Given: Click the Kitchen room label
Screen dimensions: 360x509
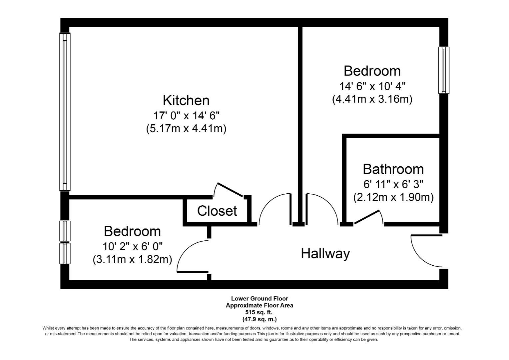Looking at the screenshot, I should [x=186, y=100].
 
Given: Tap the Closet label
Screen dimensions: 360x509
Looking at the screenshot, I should [x=217, y=211].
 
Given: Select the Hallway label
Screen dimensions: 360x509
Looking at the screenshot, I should [x=325, y=253].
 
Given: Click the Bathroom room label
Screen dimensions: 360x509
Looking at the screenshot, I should [x=393, y=169].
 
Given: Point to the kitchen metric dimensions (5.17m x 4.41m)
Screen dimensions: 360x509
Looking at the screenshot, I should [x=186, y=129].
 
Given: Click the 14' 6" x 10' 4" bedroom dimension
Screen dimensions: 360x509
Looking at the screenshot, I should [x=372, y=86].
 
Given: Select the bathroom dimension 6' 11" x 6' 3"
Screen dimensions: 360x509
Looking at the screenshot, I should [x=393, y=184].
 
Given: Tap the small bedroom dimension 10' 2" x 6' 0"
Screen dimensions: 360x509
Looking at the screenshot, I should [x=132, y=246].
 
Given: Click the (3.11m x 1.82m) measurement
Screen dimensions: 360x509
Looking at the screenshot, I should [x=132, y=259].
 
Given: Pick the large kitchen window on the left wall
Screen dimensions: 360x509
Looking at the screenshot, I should [x=65, y=112].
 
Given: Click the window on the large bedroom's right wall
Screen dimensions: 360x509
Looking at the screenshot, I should [x=444, y=70].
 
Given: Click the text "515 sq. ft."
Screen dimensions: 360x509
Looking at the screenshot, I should [x=259, y=312].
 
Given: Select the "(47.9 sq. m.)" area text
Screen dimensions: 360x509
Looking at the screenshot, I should [x=259, y=319].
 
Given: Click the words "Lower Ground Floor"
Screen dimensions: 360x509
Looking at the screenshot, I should [x=259, y=299].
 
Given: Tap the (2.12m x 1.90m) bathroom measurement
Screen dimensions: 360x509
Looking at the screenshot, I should [x=393, y=198].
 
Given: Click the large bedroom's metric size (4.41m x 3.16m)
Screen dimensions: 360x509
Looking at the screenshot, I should [x=372, y=99].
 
